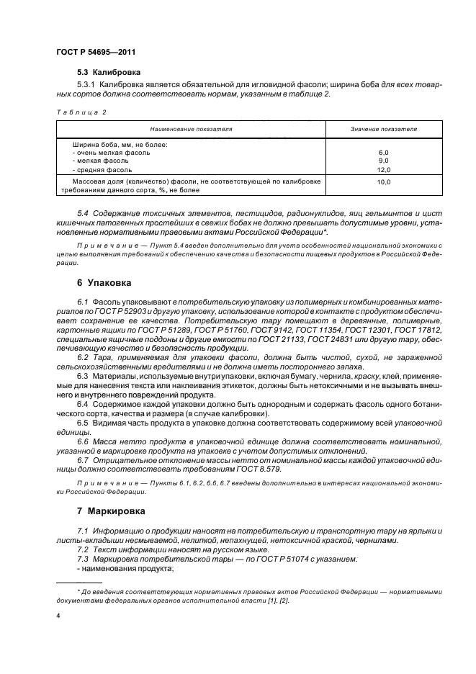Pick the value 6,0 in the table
tap(382, 153)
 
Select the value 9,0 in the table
tap(382, 161)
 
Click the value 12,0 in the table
tap(382, 169)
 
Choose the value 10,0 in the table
tap(382, 183)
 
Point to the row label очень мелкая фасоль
tap(112, 153)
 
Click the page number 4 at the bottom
tap(58, 616)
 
